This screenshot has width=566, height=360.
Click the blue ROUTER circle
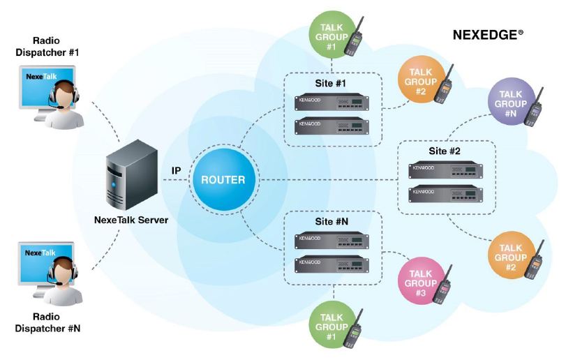click(x=223, y=179)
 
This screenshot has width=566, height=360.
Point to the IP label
click(x=177, y=170)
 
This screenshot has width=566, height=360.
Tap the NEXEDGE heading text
click(x=486, y=33)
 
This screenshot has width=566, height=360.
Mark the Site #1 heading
click(x=332, y=83)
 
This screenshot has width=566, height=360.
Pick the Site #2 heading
click(x=445, y=151)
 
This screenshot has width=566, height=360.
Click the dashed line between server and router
click(x=174, y=180)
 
